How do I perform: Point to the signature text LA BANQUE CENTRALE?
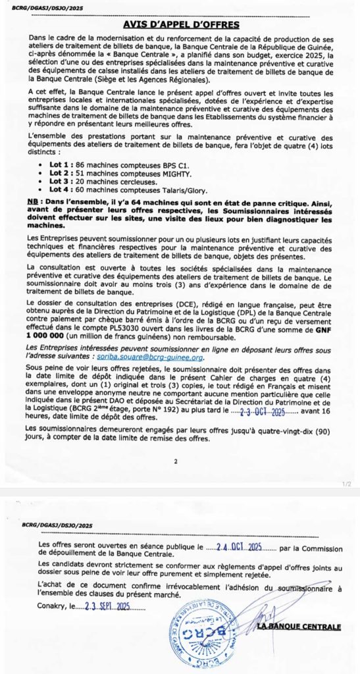(309, 626)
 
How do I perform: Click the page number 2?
(176, 461)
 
